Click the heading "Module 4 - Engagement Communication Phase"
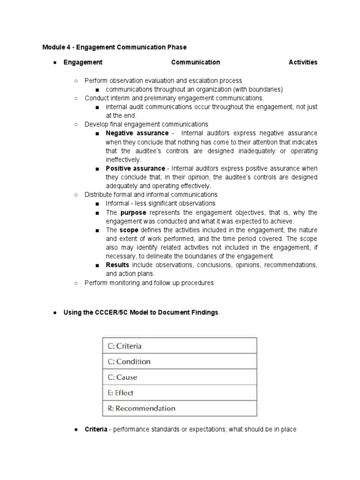(x=114, y=47)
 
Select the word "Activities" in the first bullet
(x=303, y=62)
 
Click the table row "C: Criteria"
(x=180, y=346)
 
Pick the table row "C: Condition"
(x=180, y=361)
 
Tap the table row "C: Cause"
(x=180, y=377)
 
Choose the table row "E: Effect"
(x=180, y=393)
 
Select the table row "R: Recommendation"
(x=180, y=408)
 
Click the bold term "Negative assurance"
(x=136, y=133)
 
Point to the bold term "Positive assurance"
(x=135, y=168)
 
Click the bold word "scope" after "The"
(x=129, y=230)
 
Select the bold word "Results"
(x=117, y=265)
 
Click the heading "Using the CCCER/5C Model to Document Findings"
(x=141, y=312)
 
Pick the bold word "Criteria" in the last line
(x=96, y=429)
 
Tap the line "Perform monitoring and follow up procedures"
(x=149, y=283)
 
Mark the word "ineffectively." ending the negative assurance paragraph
(x=123, y=159)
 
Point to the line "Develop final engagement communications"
(x=146, y=124)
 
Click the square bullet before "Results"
(x=97, y=265)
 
